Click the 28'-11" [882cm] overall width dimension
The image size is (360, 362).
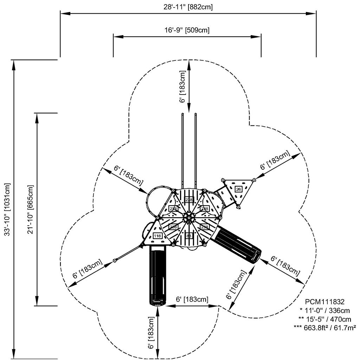pyautogui.click(x=188, y=6)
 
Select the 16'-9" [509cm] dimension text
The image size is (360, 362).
pyautogui.click(x=187, y=30)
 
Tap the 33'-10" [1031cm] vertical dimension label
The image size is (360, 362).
pyautogui.click(x=7, y=209)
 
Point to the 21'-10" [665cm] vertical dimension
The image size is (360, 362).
pyautogui.click(x=31, y=209)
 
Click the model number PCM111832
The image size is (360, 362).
pyautogui.click(x=324, y=302)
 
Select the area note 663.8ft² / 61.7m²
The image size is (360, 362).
pyautogui.click(x=324, y=328)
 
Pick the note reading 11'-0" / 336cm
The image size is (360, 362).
pyautogui.click(x=324, y=310)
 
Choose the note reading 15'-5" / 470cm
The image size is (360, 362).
pyautogui.click(x=324, y=319)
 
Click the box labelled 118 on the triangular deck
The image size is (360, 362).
pyautogui.click(x=157, y=236)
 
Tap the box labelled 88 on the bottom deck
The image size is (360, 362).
pyautogui.click(x=189, y=236)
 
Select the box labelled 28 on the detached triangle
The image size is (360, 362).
pyautogui.click(x=238, y=189)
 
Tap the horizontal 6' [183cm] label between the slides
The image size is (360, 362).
pyautogui.click(x=192, y=299)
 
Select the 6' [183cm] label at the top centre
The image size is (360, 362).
pyautogui.click(x=182, y=86)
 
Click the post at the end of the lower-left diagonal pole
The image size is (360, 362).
pyautogui.click(x=115, y=261)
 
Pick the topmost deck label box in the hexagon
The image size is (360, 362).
pyautogui.click(x=189, y=199)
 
